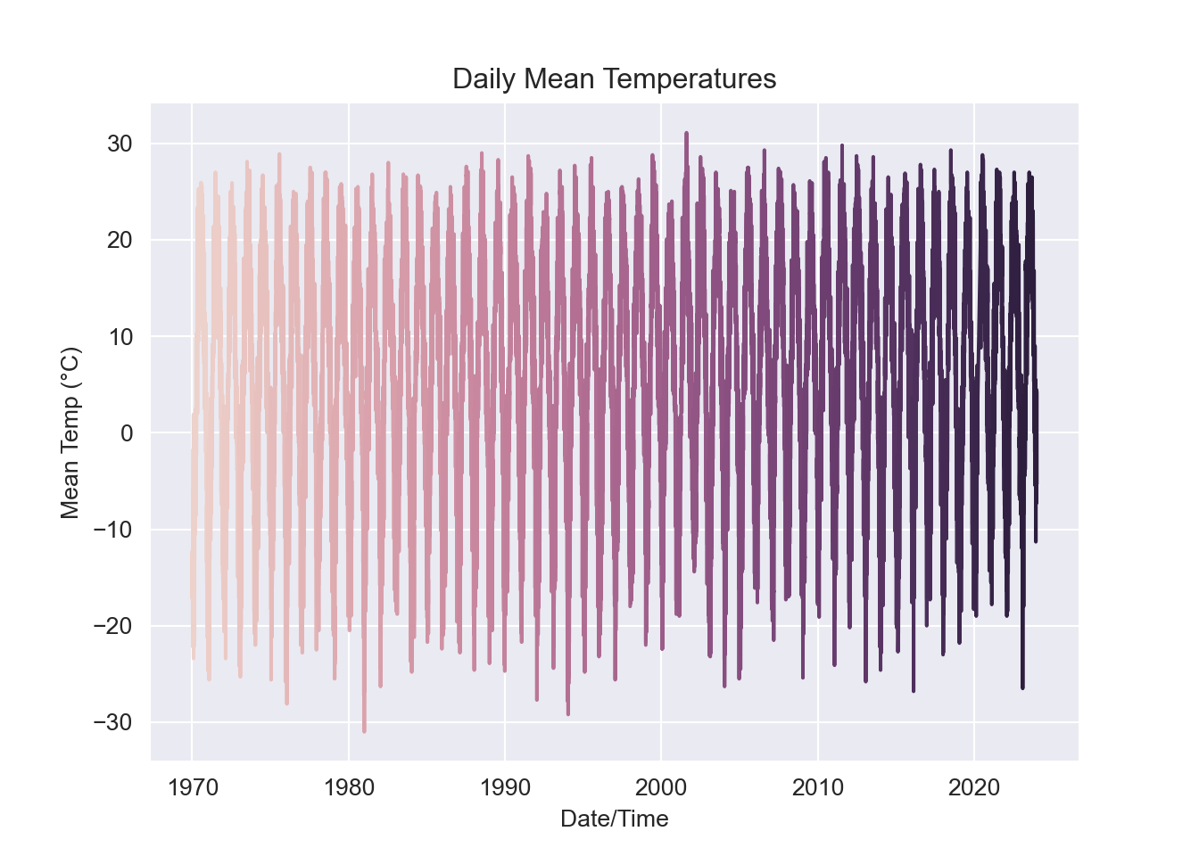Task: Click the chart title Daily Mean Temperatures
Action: [x=614, y=79]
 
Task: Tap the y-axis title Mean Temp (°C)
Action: [x=70, y=432]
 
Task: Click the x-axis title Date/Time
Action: [x=614, y=819]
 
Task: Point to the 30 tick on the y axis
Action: [x=120, y=144]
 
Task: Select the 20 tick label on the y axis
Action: [x=120, y=240]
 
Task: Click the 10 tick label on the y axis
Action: [x=120, y=336]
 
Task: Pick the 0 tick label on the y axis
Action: [x=126, y=433]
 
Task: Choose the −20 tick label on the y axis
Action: [x=112, y=626]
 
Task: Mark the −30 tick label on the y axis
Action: [x=112, y=722]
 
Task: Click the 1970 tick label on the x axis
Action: [x=193, y=787]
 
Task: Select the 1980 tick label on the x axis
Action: [x=349, y=787]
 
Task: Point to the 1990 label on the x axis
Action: [x=505, y=787]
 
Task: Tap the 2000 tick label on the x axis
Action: [x=661, y=787]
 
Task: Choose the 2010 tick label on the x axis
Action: [x=818, y=787]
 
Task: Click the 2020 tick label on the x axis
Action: [x=974, y=787]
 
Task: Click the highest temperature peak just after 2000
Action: [x=686, y=134]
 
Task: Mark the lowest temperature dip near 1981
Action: [x=364, y=730]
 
